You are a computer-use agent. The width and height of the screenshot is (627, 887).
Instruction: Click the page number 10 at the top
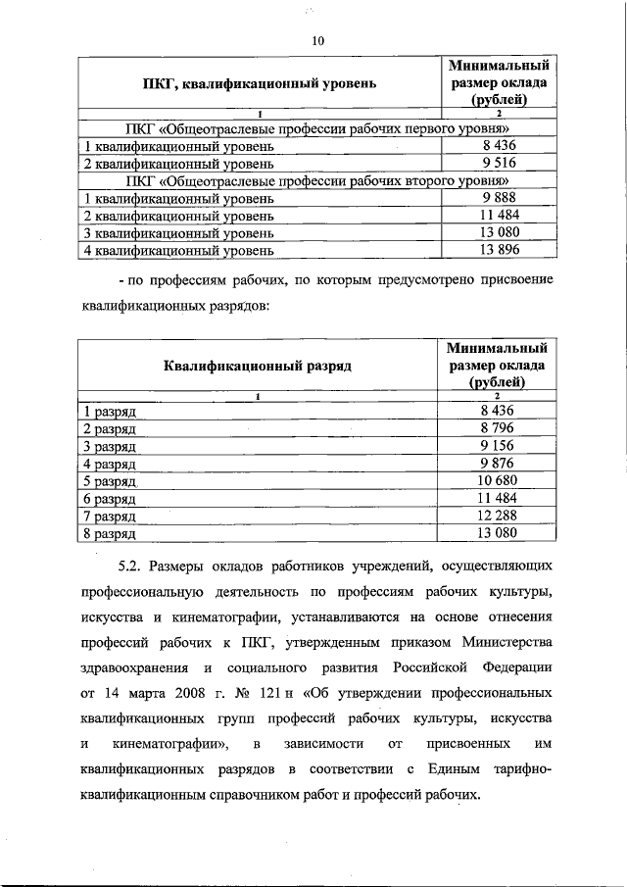(x=316, y=40)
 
